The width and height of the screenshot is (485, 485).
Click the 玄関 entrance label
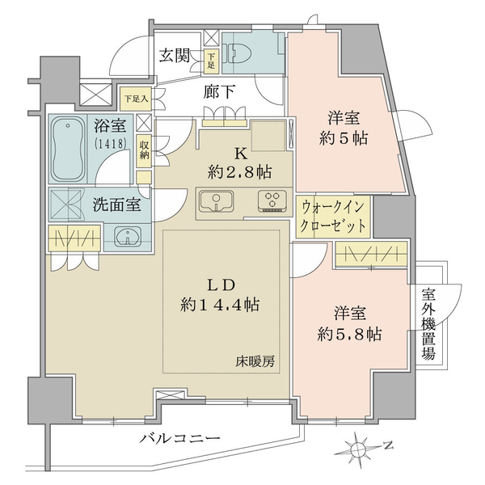tap(175, 56)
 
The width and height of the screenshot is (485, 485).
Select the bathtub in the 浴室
tap(68, 150)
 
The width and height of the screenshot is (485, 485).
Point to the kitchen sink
tap(217, 201)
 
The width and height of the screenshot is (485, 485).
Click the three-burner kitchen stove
tap(272, 201)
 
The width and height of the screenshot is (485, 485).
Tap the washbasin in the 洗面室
tap(129, 237)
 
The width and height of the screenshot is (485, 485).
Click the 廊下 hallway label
tap(219, 92)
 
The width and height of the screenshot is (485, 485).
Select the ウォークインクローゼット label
tap(333, 216)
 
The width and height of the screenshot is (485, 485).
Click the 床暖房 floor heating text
tap(255, 361)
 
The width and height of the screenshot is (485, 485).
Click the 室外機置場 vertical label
tap(428, 324)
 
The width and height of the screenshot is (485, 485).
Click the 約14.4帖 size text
tap(220, 305)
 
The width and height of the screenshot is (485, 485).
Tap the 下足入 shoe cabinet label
tap(137, 99)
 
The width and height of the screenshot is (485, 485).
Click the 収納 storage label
tap(144, 150)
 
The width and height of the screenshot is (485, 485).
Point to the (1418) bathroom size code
tap(111, 143)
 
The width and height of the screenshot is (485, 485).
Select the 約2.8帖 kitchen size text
tap(240, 172)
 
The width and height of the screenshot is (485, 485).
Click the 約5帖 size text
tap(344, 138)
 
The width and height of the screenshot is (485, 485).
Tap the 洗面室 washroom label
tap(117, 205)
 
